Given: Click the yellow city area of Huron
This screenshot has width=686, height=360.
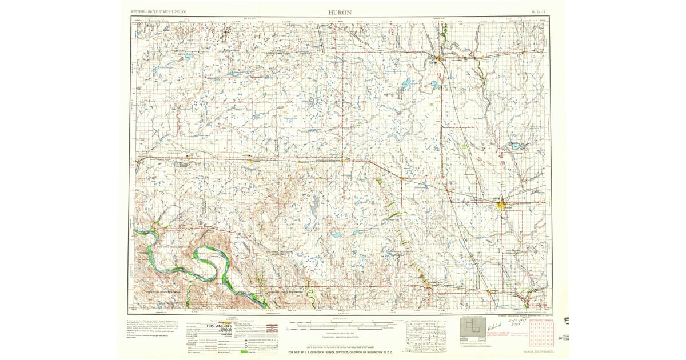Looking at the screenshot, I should pos(501,205).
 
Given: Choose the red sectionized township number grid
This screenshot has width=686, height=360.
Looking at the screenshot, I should pos(541,335).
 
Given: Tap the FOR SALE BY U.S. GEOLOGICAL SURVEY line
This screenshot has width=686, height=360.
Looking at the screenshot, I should pos(342,352).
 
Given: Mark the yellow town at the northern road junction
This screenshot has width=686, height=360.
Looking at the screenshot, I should pos(438,58).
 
